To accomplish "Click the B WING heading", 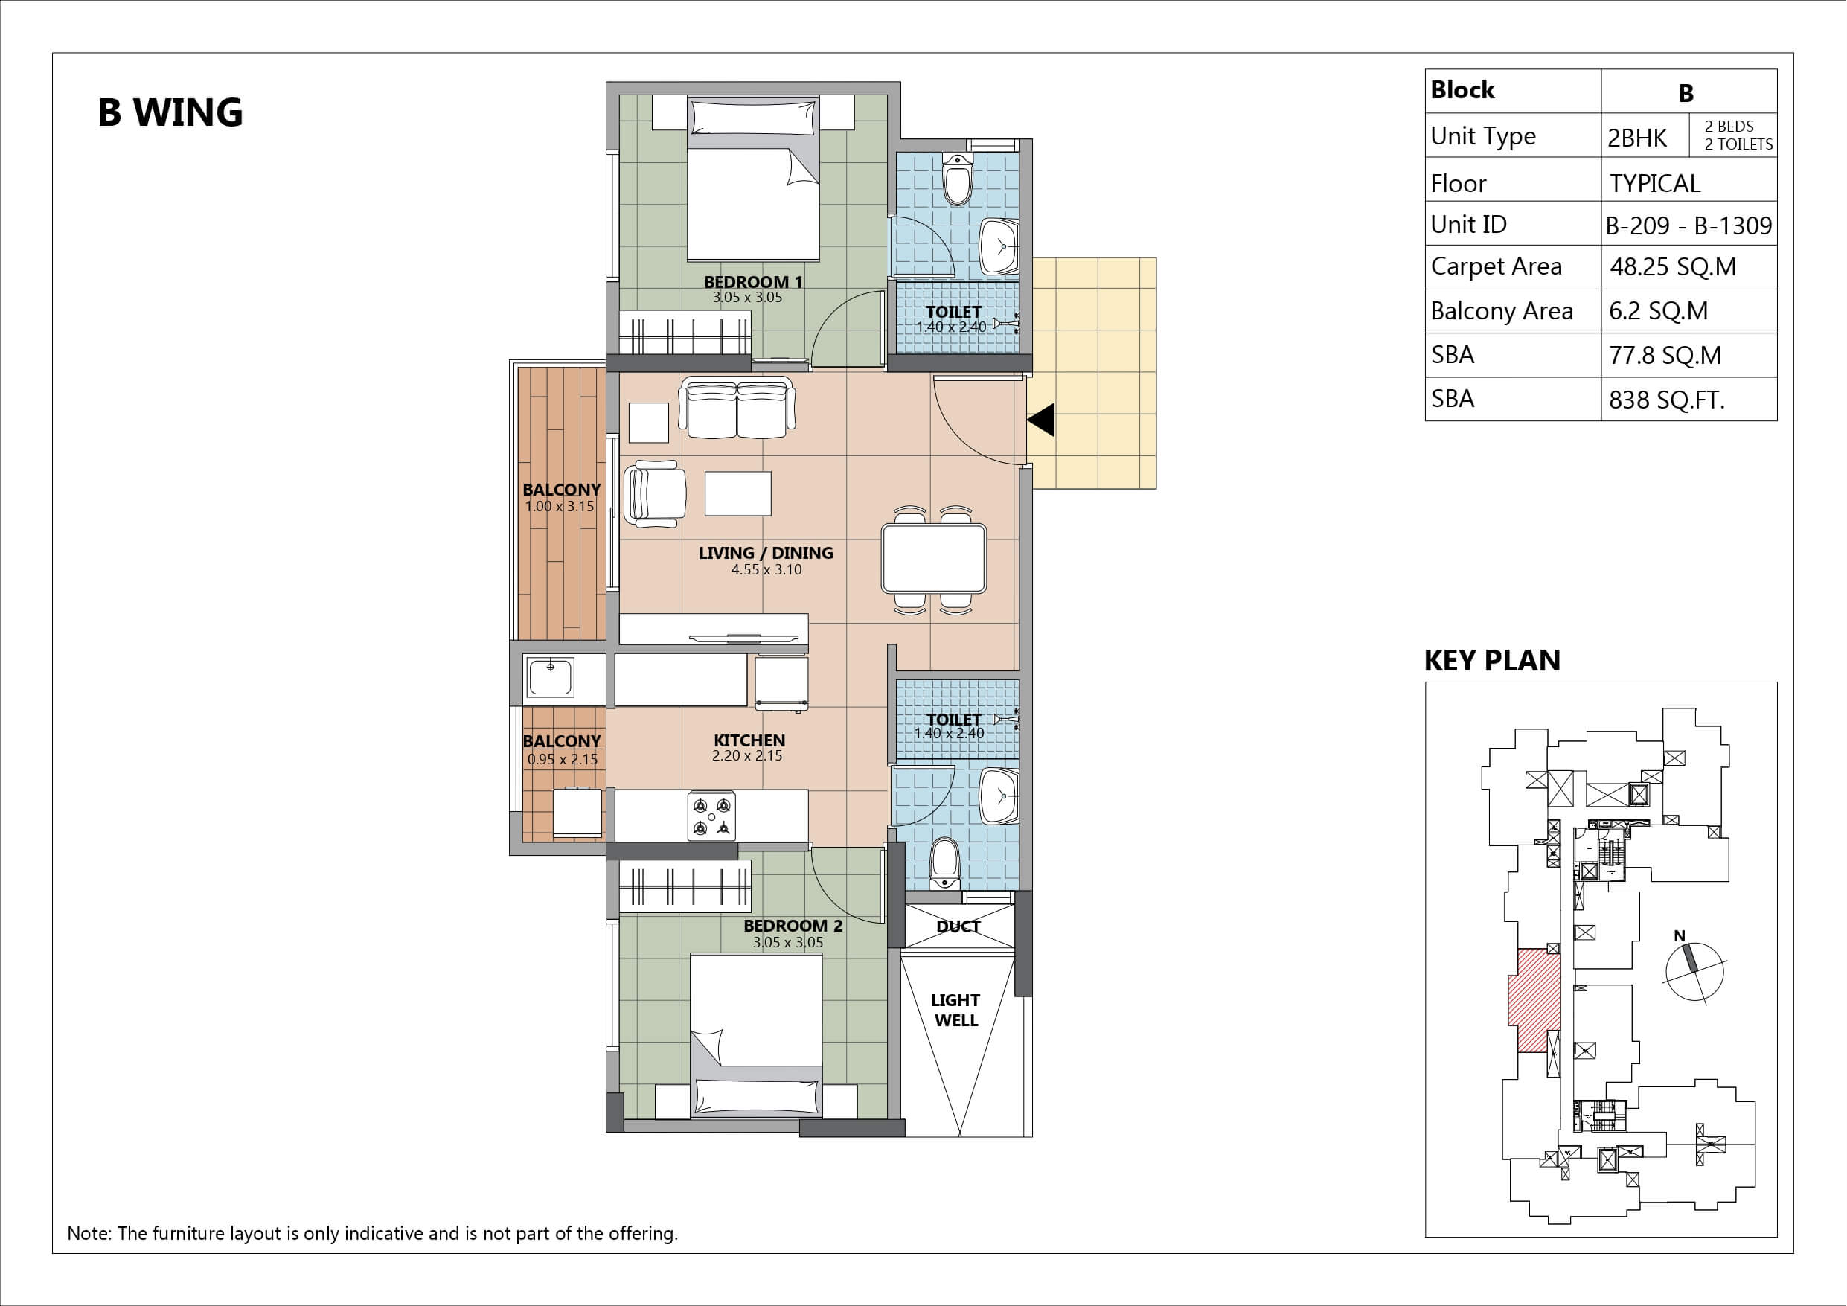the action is point(170,112).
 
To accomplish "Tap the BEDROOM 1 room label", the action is point(753,281).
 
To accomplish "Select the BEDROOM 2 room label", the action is point(793,926).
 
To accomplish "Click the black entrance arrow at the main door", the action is point(1041,420).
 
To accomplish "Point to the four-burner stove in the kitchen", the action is point(712,816).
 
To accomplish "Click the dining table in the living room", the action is point(933,560).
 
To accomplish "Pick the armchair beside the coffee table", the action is point(655,493).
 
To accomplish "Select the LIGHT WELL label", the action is point(955,1010).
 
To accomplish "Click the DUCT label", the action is point(958,926).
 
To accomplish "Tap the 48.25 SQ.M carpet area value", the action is point(1674,266).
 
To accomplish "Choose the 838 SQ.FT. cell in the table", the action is point(1667,400).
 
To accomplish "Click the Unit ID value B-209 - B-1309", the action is point(1688,225).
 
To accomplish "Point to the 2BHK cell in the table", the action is point(1637,138).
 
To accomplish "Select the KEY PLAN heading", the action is point(1492,661).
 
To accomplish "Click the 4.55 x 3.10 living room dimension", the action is point(766,570).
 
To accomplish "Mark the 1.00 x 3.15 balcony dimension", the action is point(560,507).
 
